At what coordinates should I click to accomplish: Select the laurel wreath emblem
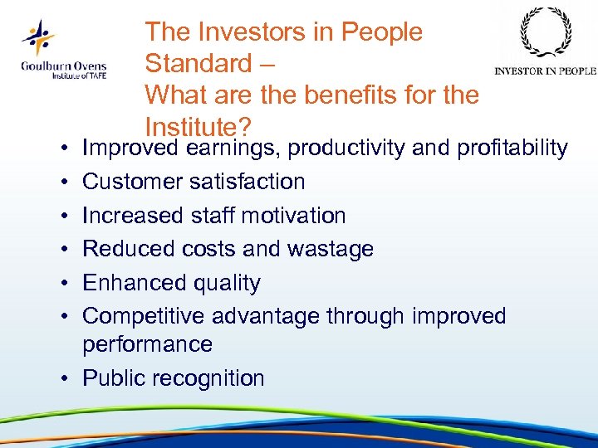pyautogui.click(x=545, y=34)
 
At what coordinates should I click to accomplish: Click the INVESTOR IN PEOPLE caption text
pyautogui.click(x=545, y=71)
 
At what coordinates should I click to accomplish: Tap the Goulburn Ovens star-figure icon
pyautogui.click(x=38, y=37)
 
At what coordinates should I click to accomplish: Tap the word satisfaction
pyautogui.click(x=252, y=182)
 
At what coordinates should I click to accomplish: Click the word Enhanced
pyautogui.click(x=134, y=283)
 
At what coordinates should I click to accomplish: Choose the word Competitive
pyautogui.click(x=144, y=316)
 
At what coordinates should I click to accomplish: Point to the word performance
pyautogui.click(x=147, y=344)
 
